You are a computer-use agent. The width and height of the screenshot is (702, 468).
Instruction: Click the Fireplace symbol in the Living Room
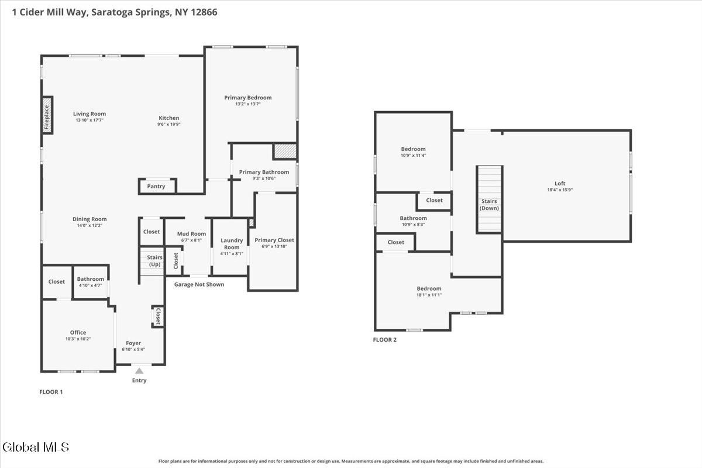point(47,115)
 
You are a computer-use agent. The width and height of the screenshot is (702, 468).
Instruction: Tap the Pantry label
point(156,186)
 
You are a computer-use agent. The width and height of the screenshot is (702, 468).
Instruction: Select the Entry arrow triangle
point(139,371)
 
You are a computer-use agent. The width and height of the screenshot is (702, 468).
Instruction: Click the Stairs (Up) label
point(155,261)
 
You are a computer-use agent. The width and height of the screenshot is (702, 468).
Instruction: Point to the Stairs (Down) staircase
point(489,199)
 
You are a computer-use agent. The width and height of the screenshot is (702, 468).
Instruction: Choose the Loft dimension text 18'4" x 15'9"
point(560,190)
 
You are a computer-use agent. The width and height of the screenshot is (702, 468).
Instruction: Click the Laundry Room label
point(232,244)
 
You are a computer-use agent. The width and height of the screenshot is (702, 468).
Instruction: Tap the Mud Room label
point(191,234)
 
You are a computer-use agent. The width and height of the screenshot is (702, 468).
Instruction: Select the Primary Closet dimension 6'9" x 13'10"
point(274,246)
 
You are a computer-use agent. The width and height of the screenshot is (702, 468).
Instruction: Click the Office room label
point(78,332)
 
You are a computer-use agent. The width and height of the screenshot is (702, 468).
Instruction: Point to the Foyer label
point(133,343)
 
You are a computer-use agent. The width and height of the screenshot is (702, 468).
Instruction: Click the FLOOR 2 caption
point(385,340)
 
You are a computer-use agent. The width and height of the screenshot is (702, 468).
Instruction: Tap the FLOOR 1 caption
point(51,392)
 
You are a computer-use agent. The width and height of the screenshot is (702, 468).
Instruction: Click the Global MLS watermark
point(36,447)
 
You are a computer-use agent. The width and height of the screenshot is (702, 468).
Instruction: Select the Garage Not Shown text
point(199,285)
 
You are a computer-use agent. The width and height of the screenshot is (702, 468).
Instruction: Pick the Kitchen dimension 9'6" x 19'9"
point(169,124)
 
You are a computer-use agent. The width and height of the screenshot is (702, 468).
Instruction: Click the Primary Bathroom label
point(264,172)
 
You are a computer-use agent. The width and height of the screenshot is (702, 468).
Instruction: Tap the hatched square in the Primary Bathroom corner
point(285,152)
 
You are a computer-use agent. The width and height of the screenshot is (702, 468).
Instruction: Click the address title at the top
point(115,12)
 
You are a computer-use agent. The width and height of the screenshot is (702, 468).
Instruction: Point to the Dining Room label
point(90,219)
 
